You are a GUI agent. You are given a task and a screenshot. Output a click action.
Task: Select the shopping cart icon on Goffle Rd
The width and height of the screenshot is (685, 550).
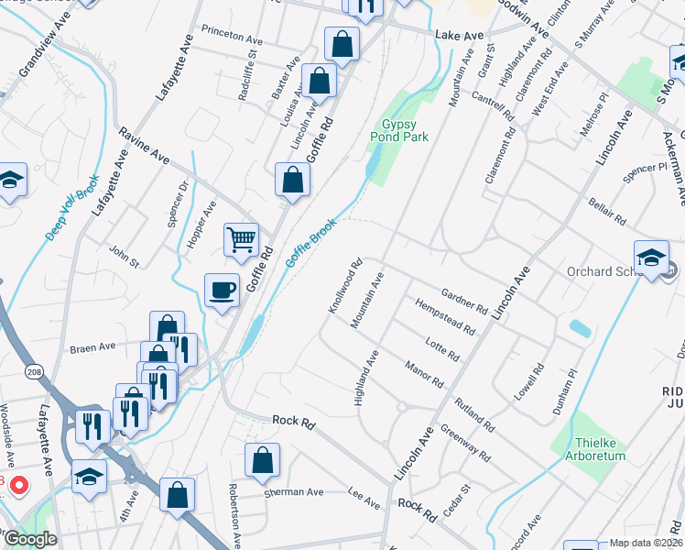[x=241, y=240]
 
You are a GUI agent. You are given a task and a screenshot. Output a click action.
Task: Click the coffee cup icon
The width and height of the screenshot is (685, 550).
[x=222, y=291]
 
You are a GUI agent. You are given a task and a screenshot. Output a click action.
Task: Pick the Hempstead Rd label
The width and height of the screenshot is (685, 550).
[x=445, y=316]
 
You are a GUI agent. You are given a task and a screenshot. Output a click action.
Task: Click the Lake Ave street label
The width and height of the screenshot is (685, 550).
[x=459, y=35]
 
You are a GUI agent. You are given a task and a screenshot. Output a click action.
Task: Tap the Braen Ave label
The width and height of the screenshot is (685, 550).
[x=93, y=347]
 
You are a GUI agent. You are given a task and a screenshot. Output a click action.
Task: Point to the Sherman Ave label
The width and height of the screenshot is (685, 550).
[x=294, y=492]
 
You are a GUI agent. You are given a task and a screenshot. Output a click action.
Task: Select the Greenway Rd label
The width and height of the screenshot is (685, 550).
[x=465, y=442]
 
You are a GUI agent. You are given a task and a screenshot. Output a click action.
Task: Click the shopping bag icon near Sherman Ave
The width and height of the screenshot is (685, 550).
[x=262, y=462]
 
